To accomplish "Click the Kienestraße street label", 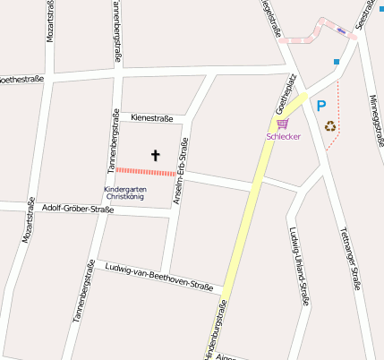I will pyautogui.click(x=151, y=117).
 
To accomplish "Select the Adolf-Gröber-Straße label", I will pyautogui.click(x=77, y=211).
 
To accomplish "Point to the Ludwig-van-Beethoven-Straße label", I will pyautogui.click(x=158, y=278).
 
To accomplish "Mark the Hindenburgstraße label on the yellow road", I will pyautogui.click(x=214, y=334).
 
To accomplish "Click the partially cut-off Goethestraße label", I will pyautogui.click(x=22, y=79).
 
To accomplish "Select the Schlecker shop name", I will pyautogui.click(x=283, y=137).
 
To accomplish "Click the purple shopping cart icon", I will pyautogui.click(x=283, y=124).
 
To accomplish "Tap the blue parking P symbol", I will pyautogui.click(x=320, y=106).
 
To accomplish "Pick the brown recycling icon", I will pyautogui.click(x=329, y=127).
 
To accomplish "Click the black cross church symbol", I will pyautogui.click(x=155, y=156).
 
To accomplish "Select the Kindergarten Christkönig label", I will pyautogui.click(x=125, y=193).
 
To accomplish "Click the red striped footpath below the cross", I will pyautogui.click(x=142, y=171).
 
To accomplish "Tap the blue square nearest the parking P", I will pyautogui.click(x=337, y=62).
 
